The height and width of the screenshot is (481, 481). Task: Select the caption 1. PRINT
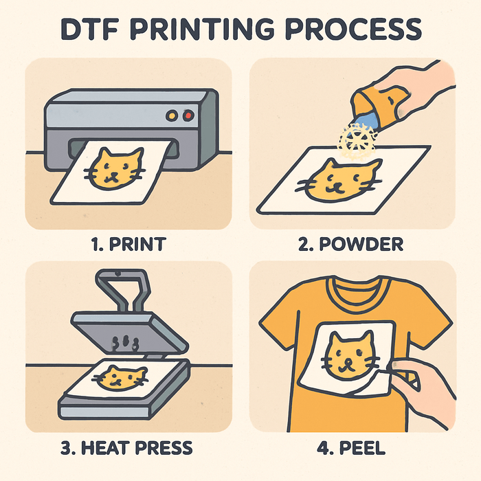coord(128,243)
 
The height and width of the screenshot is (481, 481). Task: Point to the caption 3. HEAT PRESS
coord(128,448)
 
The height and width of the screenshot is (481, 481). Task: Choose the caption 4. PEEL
coord(353,448)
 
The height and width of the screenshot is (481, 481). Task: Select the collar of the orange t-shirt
coord(352,288)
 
